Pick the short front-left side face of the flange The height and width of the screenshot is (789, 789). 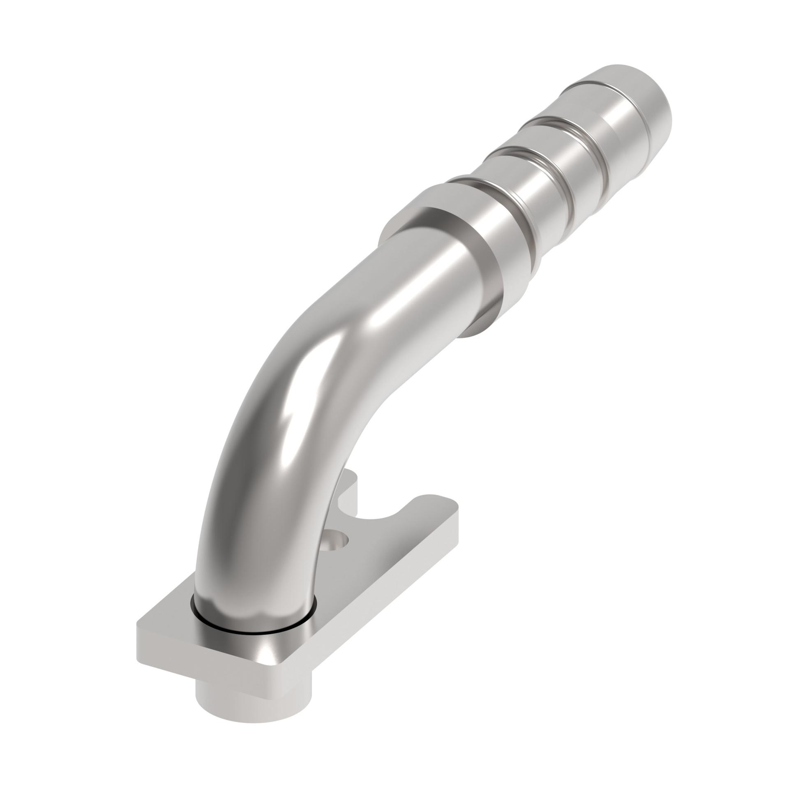(164, 657)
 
